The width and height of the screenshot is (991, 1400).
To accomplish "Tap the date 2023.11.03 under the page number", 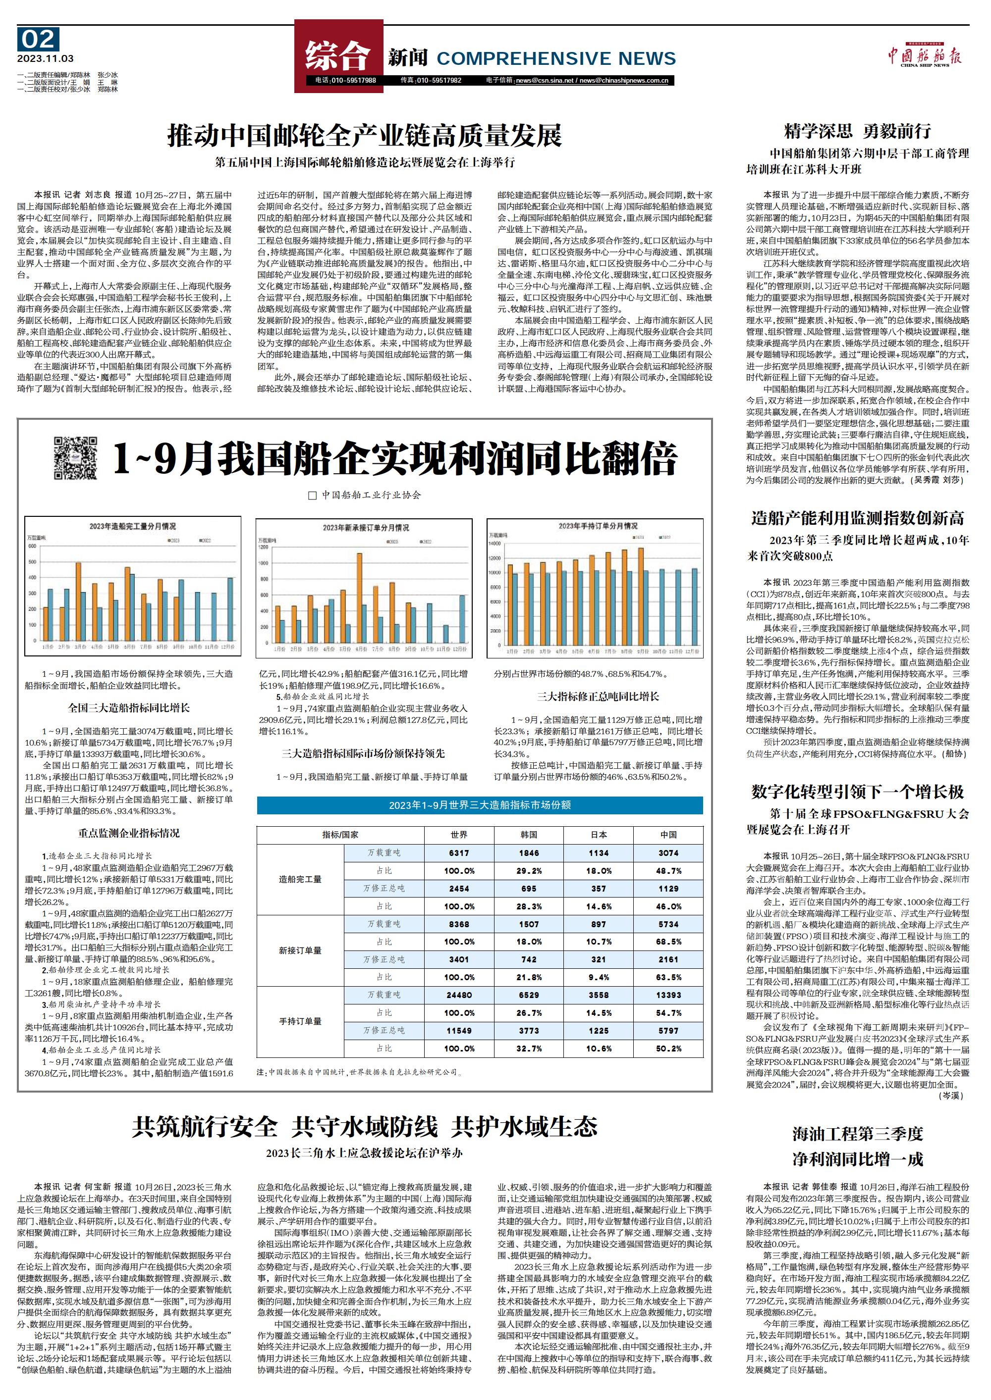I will [46, 59].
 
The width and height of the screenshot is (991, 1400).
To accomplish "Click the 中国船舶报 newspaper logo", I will [925, 57].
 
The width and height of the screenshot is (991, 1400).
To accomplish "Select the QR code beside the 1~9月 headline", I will [75, 457].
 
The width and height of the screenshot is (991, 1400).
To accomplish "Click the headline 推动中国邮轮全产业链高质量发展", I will [364, 136].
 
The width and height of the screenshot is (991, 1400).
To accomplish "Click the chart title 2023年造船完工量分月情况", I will [132, 526].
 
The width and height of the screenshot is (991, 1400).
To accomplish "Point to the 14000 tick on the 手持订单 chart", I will [495, 543].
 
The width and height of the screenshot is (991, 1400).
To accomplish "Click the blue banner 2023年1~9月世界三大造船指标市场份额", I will [480, 805].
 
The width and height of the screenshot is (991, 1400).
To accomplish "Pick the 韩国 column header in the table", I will [529, 835].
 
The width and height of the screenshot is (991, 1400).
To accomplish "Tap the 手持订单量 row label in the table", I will [300, 1021].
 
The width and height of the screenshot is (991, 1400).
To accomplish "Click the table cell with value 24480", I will [459, 995].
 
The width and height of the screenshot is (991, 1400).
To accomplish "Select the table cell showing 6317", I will [459, 853].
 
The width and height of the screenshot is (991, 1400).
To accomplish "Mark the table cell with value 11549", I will [459, 1031].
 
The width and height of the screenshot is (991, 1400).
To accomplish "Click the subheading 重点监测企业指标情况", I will [129, 833].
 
